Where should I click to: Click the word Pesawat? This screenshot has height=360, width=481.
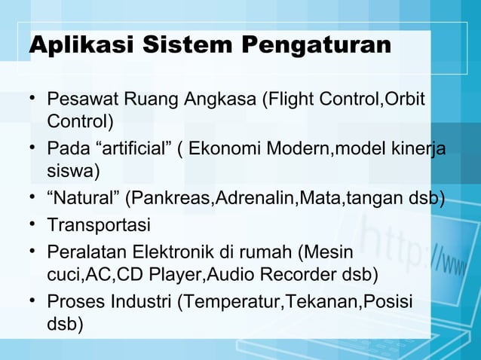(x=81, y=99)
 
